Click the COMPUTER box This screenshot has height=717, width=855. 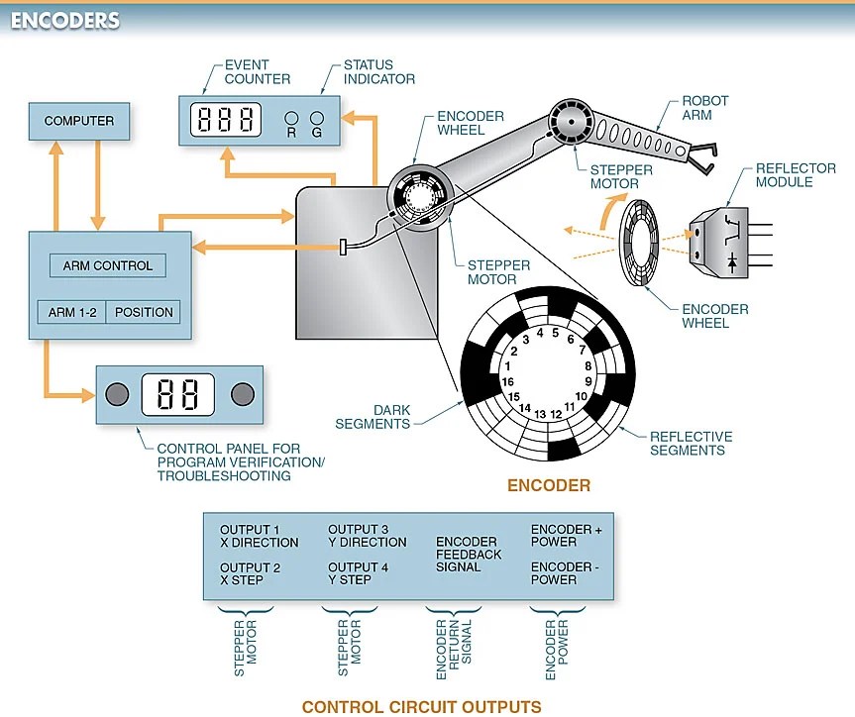pos(79,121)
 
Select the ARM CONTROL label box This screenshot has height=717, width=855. pos(108,265)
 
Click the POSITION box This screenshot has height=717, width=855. pos(144,312)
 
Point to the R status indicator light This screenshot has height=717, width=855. pos(292,116)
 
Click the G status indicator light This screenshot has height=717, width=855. pos(317,116)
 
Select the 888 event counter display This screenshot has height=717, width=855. pos(227,120)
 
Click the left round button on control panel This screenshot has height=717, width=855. pos(117,394)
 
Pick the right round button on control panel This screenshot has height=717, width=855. pos(242,394)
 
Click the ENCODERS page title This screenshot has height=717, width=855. pos(65,20)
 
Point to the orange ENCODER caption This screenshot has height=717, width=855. pos(548,485)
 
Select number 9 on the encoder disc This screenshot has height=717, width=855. pos(588,380)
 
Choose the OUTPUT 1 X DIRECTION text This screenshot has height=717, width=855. pos(259,536)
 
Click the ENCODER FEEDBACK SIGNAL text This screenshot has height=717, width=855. pos(468,555)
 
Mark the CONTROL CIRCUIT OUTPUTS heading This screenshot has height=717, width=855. pos(421,706)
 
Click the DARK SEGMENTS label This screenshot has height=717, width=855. pos(373,417)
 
